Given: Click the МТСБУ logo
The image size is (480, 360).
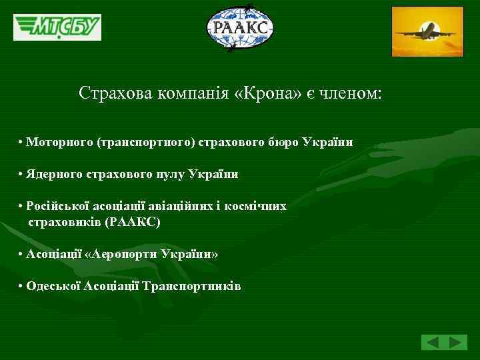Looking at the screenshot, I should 57,27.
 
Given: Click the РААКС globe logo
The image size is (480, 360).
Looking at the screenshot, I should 240,28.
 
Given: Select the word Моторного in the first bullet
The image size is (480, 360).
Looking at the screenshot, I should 59,143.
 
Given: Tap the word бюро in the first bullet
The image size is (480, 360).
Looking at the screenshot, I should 284,143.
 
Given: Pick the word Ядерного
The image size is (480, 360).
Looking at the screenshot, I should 55,174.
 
